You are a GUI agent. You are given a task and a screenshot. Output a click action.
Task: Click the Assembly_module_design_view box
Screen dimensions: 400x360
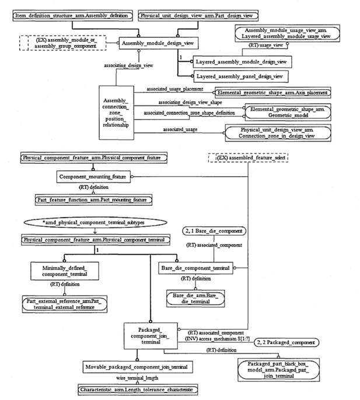click(x=159, y=43)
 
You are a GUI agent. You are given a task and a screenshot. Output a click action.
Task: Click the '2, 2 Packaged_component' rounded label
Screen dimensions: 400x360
click(x=287, y=342)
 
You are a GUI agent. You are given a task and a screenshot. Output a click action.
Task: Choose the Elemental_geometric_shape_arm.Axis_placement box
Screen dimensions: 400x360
click(x=272, y=92)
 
